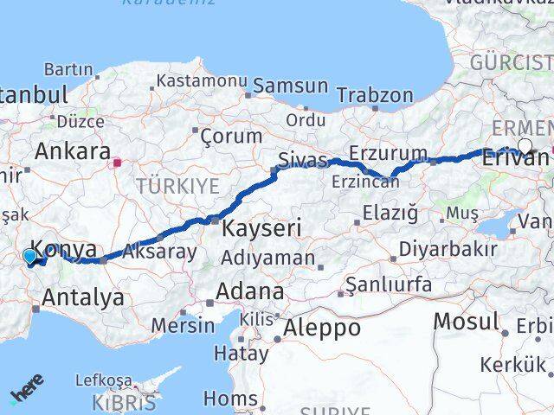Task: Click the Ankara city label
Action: click(72, 151)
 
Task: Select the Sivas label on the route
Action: click(302, 159)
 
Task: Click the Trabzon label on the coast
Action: click(375, 95)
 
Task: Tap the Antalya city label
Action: click(82, 297)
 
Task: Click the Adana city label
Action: click(250, 290)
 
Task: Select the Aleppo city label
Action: click(323, 328)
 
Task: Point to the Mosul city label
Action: click(467, 321)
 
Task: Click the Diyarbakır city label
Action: click(448, 250)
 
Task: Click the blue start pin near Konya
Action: click(30, 257)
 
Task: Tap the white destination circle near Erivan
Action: click(525, 146)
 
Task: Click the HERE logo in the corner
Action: click(27, 388)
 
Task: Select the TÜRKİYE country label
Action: click(177, 186)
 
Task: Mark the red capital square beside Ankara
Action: click(118, 160)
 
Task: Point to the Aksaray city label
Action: click(159, 252)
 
